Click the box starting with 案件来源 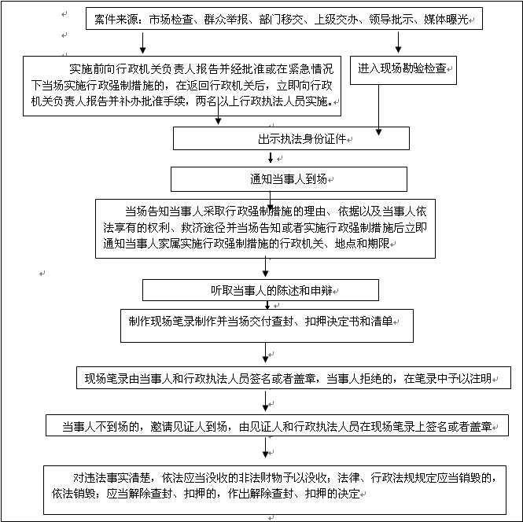click(x=284, y=19)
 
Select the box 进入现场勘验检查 click(x=403, y=70)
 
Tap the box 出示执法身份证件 click(x=291, y=138)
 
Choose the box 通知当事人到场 click(x=289, y=179)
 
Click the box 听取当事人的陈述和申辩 click(x=260, y=290)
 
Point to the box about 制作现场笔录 click(x=267, y=325)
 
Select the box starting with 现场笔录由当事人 click(x=293, y=377)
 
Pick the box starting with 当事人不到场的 click(x=277, y=425)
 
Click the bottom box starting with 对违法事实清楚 click(x=274, y=490)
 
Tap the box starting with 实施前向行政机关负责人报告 click(x=182, y=86)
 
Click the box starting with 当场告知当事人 click(x=265, y=229)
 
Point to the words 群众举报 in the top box click(x=226, y=20)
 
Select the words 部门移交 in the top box click(x=281, y=20)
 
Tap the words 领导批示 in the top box click(x=391, y=20)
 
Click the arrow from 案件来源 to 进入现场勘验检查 click(x=398, y=42)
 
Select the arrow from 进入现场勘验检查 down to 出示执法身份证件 click(x=378, y=110)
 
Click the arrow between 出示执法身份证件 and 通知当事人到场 click(x=271, y=158)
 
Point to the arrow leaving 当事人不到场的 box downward click(x=266, y=447)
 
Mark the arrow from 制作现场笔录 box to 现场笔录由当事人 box click(x=266, y=353)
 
